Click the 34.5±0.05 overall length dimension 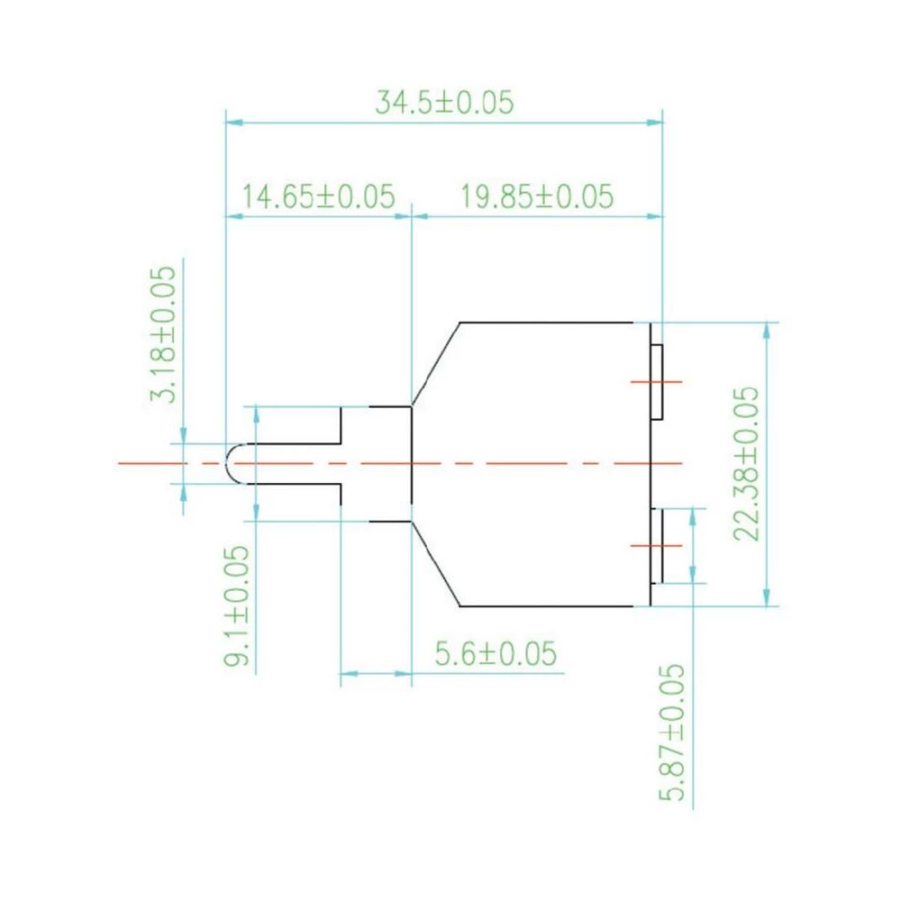coord(444,102)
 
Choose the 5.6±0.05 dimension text coord(495,653)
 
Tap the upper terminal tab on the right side coord(658,381)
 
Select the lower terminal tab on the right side coord(658,545)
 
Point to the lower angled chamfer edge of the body coord(435,563)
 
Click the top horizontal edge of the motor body coord(546,322)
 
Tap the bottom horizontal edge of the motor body coord(546,606)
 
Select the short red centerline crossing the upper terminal coord(657,381)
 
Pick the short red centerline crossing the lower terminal coord(657,545)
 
